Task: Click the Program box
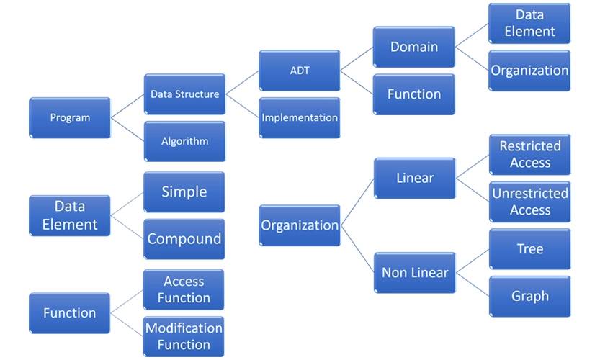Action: tap(70, 117)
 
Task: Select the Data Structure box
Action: tap(184, 94)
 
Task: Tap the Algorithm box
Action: tap(184, 141)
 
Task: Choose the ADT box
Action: tap(299, 71)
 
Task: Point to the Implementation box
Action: tap(299, 117)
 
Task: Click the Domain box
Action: tap(414, 47)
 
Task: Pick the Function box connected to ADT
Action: tap(414, 94)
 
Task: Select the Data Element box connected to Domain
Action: tap(529, 23)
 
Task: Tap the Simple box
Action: tap(184, 192)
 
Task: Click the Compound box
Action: tap(184, 239)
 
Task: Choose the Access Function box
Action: tap(184, 289)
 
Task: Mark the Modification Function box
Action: tap(184, 336)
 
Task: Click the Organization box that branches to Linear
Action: tap(300, 225)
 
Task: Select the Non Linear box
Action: tap(415, 273)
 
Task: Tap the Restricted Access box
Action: tap(529, 154)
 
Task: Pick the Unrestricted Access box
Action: tap(529, 202)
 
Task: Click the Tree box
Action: tap(529, 249)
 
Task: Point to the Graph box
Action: tap(529, 296)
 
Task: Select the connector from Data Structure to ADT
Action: tap(242, 82)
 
